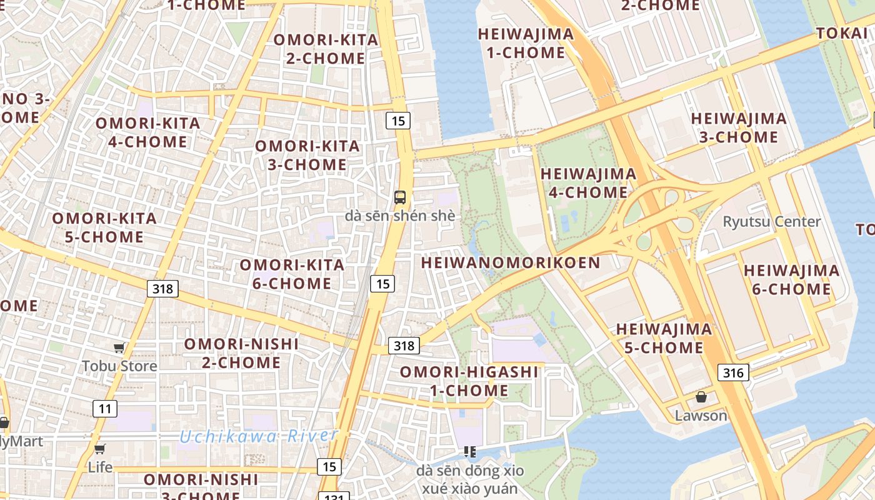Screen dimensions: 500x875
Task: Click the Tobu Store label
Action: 119,366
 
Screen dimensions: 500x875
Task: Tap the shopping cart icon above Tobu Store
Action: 119,347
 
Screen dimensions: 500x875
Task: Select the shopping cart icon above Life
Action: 100,449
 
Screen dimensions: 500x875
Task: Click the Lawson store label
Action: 701,416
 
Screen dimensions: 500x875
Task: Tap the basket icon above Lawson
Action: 701,397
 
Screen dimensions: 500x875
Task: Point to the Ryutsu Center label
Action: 772,222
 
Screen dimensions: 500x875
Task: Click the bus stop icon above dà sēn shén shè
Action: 400,197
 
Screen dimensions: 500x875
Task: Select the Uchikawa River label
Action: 259,436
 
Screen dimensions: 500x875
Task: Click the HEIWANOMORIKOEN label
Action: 511,262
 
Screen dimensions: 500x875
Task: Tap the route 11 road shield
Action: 105,409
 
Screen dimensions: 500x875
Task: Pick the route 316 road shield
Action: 733,373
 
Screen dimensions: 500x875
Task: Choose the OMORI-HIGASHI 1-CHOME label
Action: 469,381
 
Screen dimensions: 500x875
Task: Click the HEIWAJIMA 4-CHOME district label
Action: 588,182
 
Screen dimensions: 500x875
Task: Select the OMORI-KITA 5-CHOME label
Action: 104,227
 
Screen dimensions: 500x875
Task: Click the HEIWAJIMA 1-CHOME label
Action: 526,43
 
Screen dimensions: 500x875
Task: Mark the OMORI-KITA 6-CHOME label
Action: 292,274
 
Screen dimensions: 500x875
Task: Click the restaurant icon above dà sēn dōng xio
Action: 470,451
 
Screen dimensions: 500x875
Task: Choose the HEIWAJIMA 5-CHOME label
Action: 664,338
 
